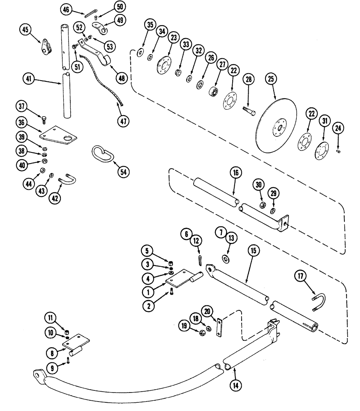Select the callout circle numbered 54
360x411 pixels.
pos(122,172)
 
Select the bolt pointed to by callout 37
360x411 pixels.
pos(44,120)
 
